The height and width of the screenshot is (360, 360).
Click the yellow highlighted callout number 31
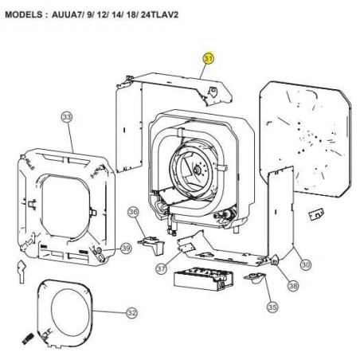pos(209,59)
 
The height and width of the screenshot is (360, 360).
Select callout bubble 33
pos(67,117)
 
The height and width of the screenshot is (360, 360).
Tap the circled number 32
pos(132,313)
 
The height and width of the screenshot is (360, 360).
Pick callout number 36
pos(133,212)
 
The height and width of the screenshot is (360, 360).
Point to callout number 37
pos(161,268)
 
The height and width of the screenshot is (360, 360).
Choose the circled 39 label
pos(126,248)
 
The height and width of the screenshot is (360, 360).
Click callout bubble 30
pos(306,264)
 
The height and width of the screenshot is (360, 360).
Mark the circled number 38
pos(293,286)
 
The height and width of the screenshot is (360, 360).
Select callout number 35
pos(272,307)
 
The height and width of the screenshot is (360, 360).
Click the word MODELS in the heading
pos(23,14)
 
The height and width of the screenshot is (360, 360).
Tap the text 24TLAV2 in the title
pos(159,14)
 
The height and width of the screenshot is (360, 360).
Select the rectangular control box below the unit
pos(203,280)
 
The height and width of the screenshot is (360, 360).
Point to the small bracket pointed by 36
pos(152,245)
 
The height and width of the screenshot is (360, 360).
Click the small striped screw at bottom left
pos(28,338)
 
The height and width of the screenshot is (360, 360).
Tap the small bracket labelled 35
pos(254,277)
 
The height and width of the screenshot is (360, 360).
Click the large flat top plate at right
pos(305,138)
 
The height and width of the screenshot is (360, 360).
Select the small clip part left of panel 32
pos(22,272)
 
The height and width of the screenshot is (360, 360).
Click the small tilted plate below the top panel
pos(316,214)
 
